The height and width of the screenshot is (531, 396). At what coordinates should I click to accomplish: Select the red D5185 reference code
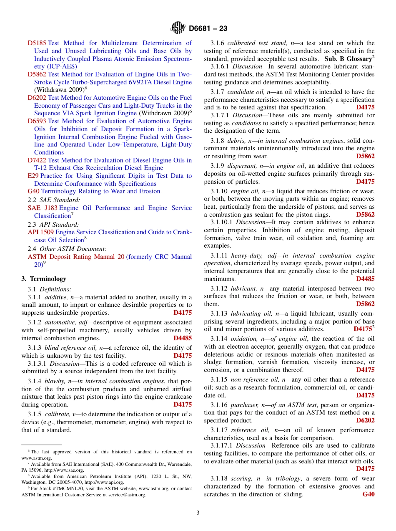(37, 43)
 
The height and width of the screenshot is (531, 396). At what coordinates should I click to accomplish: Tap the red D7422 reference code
(37, 160)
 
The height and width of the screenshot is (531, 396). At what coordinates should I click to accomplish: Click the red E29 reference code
(33, 176)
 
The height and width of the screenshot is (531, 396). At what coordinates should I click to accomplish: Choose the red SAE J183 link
(43, 208)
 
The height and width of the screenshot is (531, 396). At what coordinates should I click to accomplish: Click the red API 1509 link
(40, 232)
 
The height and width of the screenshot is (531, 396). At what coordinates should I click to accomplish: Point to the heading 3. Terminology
(44, 279)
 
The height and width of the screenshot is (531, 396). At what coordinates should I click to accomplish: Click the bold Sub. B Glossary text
(348, 59)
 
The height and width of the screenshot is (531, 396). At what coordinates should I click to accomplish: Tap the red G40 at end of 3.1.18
(368, 494)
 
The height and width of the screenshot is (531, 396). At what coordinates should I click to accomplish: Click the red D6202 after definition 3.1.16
(365, 420)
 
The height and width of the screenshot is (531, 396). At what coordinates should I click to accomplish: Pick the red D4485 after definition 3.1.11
(365, 279)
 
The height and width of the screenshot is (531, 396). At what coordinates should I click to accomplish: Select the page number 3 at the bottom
(198, 513)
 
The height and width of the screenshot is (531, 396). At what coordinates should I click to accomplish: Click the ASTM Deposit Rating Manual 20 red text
(76, 257)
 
